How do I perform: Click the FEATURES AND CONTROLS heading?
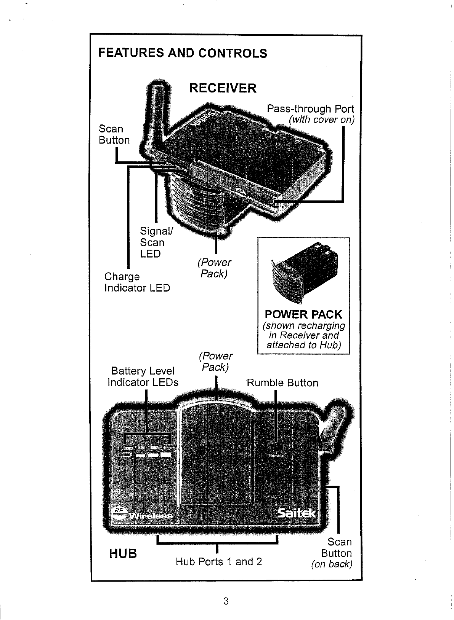[183, 53]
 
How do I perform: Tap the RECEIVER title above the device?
[223, 88]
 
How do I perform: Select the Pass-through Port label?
[310, 109]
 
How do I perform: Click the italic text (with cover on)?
[322, 120]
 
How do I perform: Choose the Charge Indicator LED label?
[137, 282]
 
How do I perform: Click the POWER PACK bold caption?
[303, 314]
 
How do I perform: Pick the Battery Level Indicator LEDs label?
[143, 376]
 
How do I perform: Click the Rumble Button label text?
[282, 383]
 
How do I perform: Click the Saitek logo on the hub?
[297, 513]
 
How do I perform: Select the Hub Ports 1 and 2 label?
[218, 561]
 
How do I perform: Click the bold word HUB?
[123, 553]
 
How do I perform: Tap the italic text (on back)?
[332, 564]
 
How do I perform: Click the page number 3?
[226, 601]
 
